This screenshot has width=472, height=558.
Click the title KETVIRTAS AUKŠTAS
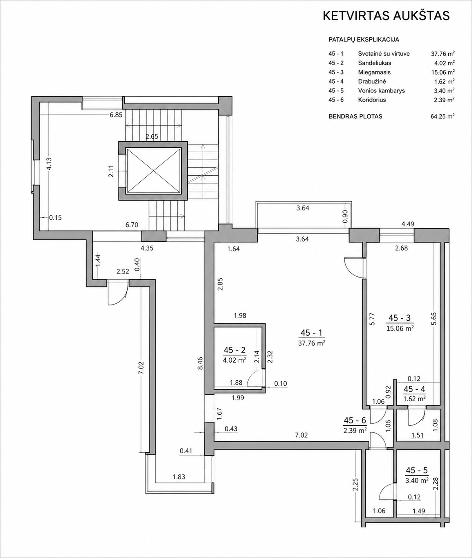pos(386,16)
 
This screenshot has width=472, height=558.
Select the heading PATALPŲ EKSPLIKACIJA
pos(364,40)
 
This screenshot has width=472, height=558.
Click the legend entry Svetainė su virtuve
pos(384,54)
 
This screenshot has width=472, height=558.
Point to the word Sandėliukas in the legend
pos(374,63)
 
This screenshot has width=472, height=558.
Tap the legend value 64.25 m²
pos(443,116)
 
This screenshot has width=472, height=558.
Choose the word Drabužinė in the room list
pos(372,81)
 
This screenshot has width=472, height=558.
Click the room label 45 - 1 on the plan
pos(312,332)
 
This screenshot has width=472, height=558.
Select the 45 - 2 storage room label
pos(235,350)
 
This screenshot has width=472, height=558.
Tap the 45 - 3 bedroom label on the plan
pos(400,318)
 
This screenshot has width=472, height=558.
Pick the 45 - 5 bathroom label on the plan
pos(417,470)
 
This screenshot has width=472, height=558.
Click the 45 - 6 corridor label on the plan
pos(355,420)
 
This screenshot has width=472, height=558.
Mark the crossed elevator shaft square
pos(153,171)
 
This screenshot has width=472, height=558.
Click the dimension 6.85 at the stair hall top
pos(116,115)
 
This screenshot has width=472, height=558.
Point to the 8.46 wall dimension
pos(200,364)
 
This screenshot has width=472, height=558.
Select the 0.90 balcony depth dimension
pos(345,216)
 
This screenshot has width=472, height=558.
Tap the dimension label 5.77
pos(372,319)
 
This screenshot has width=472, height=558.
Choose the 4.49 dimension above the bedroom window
pos(407,224)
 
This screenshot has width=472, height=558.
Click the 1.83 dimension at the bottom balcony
pos(179,477)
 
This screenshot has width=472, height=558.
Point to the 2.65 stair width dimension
pos(152,136)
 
